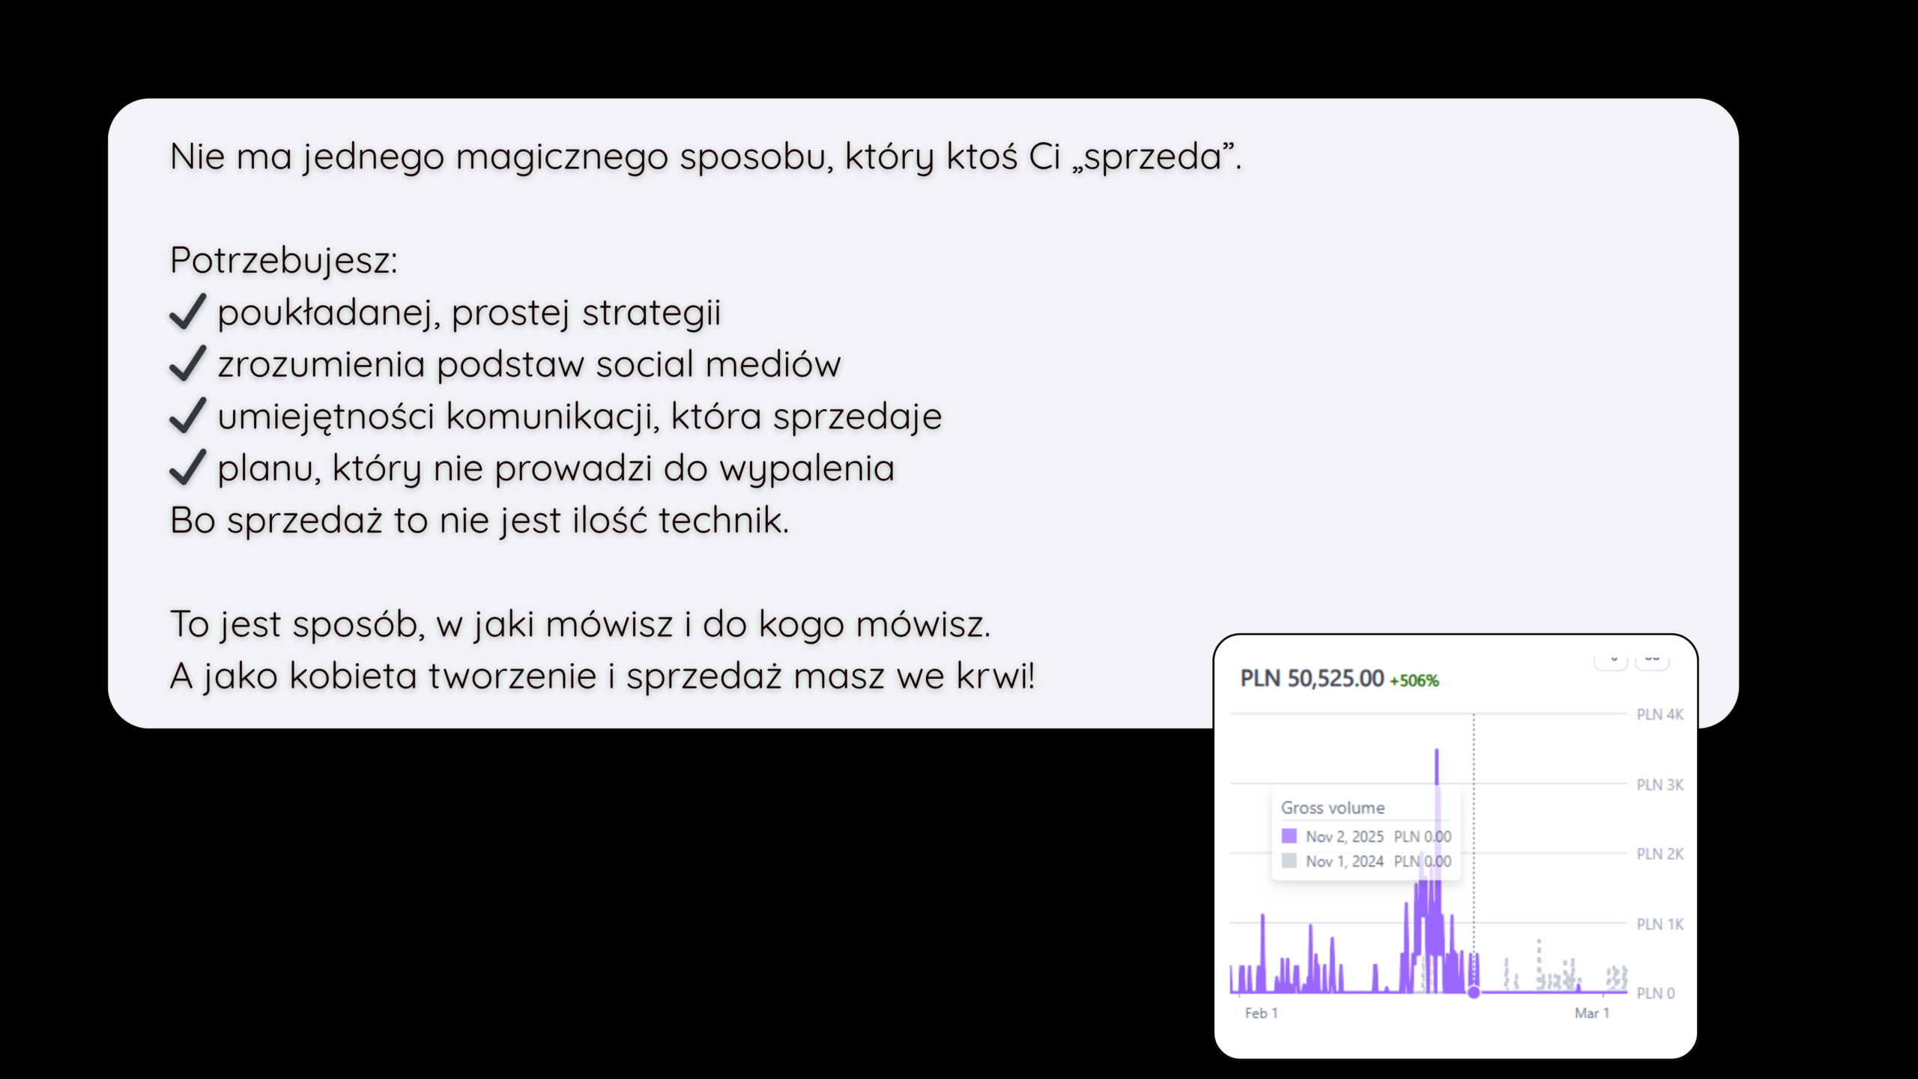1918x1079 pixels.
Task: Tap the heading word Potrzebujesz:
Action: [283, 261]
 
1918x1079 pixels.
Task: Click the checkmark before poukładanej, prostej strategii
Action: [188, 312]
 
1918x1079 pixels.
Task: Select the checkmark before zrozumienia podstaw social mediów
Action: [188, 363]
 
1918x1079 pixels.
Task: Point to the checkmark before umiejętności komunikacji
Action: [188, 415]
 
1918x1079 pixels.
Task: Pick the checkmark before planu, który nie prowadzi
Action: [188, 468]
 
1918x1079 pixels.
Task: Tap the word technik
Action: [724, 520]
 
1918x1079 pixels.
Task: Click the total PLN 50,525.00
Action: [1312, 678]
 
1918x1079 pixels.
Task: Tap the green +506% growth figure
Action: [1415, 680]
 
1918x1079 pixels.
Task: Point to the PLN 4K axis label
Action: [1660, 715]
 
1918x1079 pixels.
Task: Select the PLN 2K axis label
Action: [1660, 854]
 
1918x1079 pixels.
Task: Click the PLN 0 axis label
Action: [1655, 994]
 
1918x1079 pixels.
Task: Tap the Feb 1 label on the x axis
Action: [1262, 1013]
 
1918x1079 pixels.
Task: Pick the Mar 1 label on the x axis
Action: [1592, 1013]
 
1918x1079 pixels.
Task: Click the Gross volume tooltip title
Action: [1333, 808]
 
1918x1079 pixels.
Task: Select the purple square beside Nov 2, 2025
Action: [1289, 836]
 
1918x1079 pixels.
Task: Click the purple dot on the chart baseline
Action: [1474, 993]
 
